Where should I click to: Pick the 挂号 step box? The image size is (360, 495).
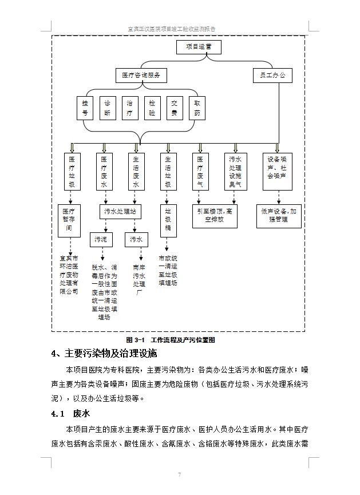(85, 108)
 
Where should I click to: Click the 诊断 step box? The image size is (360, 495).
(107, 108)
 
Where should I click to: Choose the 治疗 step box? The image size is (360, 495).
(129, 108)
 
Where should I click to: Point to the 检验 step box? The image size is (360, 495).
(152, 108)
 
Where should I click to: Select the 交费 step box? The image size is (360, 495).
(175, 108)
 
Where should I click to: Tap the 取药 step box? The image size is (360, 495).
(197, 108)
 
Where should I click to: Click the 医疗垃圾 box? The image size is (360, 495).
(72, 172)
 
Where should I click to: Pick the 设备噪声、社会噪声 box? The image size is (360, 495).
(278, 172)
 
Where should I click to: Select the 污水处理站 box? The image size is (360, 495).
(120, 211)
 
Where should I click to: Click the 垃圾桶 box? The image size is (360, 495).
(168, 219)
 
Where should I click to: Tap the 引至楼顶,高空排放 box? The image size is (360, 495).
(215, 215)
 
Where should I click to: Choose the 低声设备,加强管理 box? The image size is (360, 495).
(278, 215)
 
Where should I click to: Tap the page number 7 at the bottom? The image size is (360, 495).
(179, 474)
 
